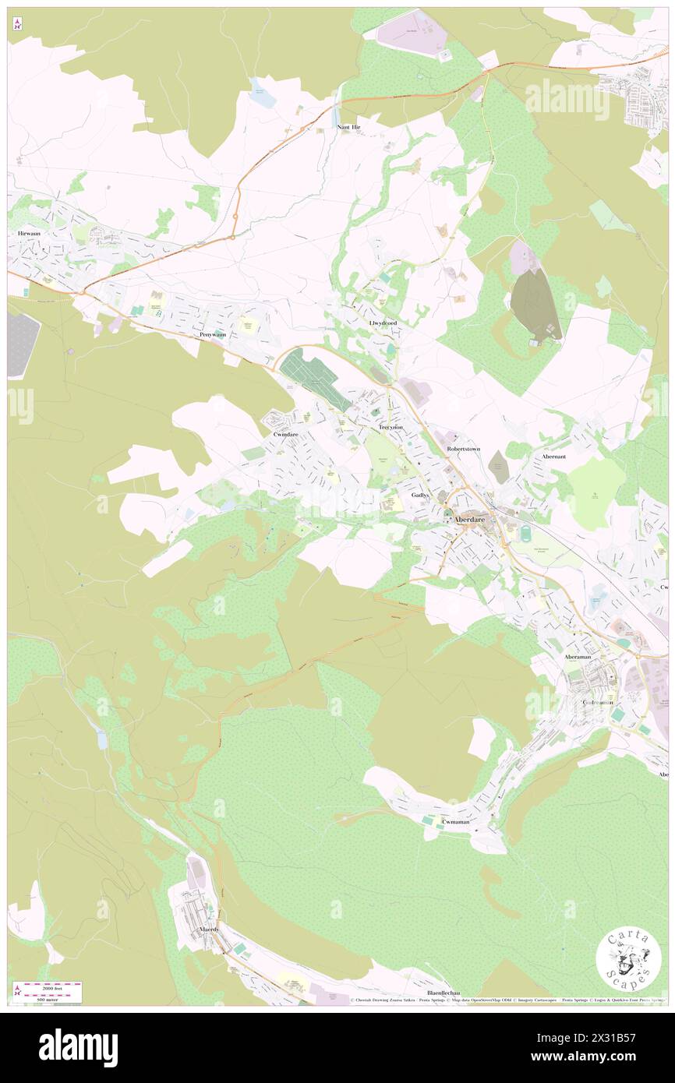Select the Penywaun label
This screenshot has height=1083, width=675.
212,335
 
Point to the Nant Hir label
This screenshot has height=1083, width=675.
348,126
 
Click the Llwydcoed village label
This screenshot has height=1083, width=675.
383,322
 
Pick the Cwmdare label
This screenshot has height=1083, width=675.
286,433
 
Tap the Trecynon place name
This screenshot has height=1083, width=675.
391,429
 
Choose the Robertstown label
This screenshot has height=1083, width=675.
466,450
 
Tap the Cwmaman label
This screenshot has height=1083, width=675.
456,822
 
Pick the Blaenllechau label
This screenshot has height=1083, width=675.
444,993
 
